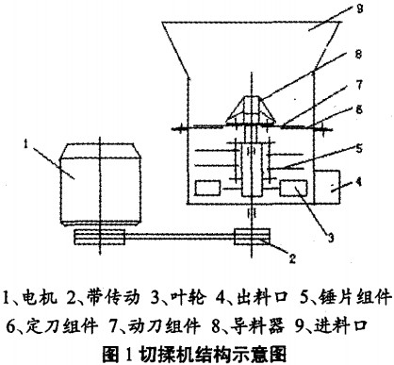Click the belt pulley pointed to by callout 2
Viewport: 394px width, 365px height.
click(x=250, y=237)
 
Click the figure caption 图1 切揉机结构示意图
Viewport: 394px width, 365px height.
click(x=197, y=349)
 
